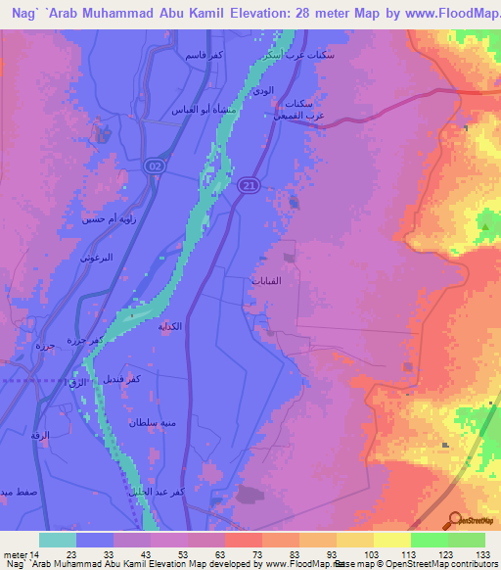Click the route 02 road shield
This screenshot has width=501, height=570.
coord(154,167)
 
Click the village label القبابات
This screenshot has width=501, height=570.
coord(267,281)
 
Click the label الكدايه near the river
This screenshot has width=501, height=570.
coord(172,327)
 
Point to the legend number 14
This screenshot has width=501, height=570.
coord(36,554)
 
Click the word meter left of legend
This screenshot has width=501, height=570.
coord(14,554)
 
